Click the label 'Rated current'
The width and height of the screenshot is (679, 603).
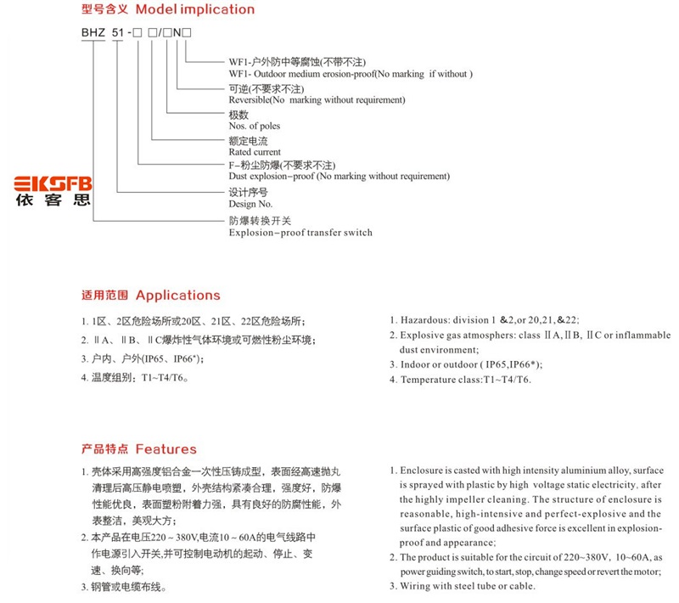pyautogui.click(x=255, y=151)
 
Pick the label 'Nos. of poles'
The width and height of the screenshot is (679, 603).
pyautogui.click(x=255, y=126)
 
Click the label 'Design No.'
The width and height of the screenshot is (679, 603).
pyautogui.click(x=250, y=204)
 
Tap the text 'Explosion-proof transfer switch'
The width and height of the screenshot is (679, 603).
pyautogui.click(x=300, y=232)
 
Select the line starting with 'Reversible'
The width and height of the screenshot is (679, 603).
pyautogui.click(x=317, y=99)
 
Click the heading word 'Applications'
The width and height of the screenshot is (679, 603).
pyautogui.click(x=177, y=296)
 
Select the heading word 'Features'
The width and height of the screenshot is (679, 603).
pyautogui.click(x=166, y=449)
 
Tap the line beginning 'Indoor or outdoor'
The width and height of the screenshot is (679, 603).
pyautogui.click(x=471, y=364)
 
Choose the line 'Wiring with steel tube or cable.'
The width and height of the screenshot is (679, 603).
pyautogui.click(x=468, y=586)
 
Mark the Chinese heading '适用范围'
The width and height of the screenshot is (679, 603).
pyautogui.click(x=104, y=296)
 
